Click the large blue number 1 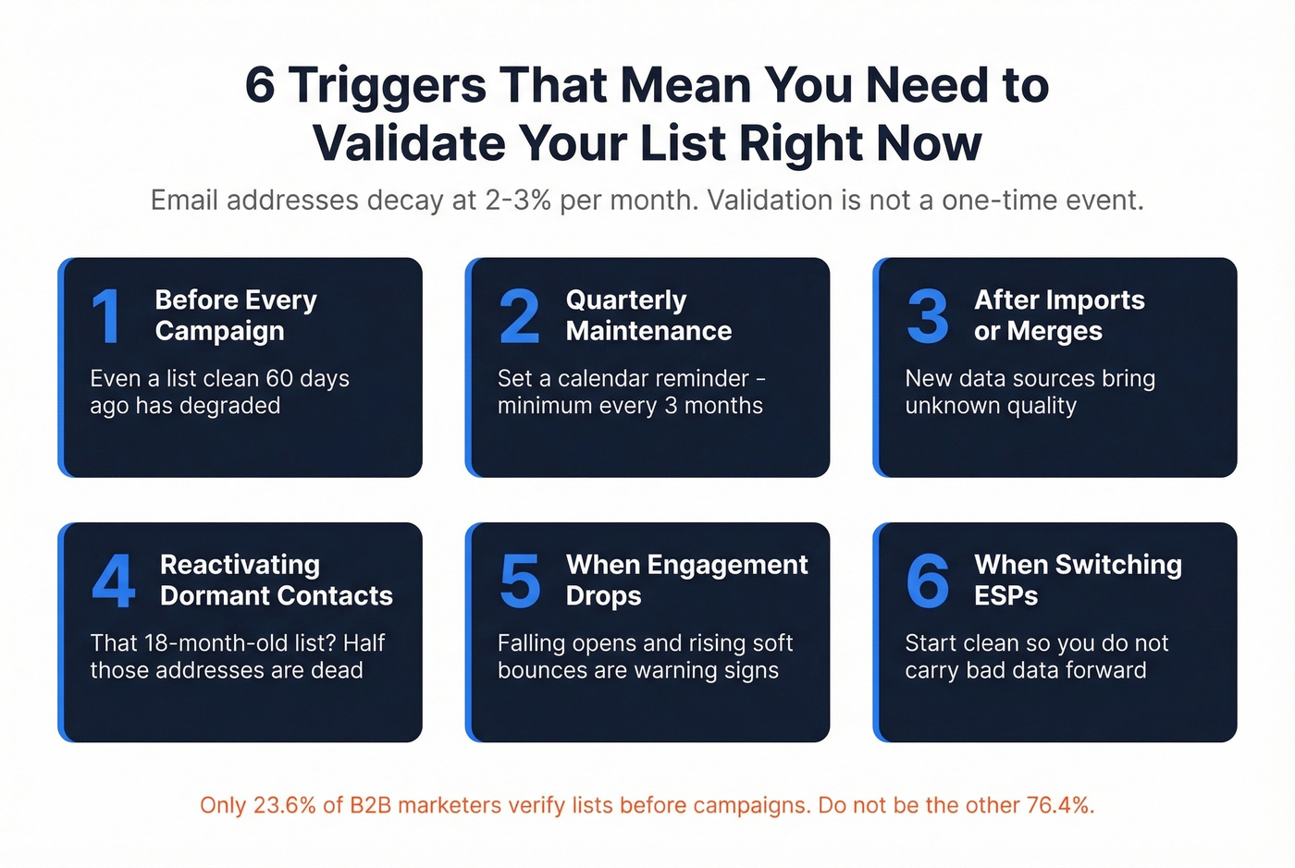coord(107,316)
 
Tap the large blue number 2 coord(519,316)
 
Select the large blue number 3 coord(928,316)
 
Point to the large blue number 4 coord(114,581)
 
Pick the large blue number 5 coord(520,581)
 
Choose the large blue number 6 coord(928,581)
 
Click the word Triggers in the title coord(388,85)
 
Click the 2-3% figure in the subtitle coord(518,201)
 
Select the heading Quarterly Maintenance coord(648,315)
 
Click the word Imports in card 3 coord(1059,300)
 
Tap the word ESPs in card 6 coord(1005,596)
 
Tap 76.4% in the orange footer coord(1059,805)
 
